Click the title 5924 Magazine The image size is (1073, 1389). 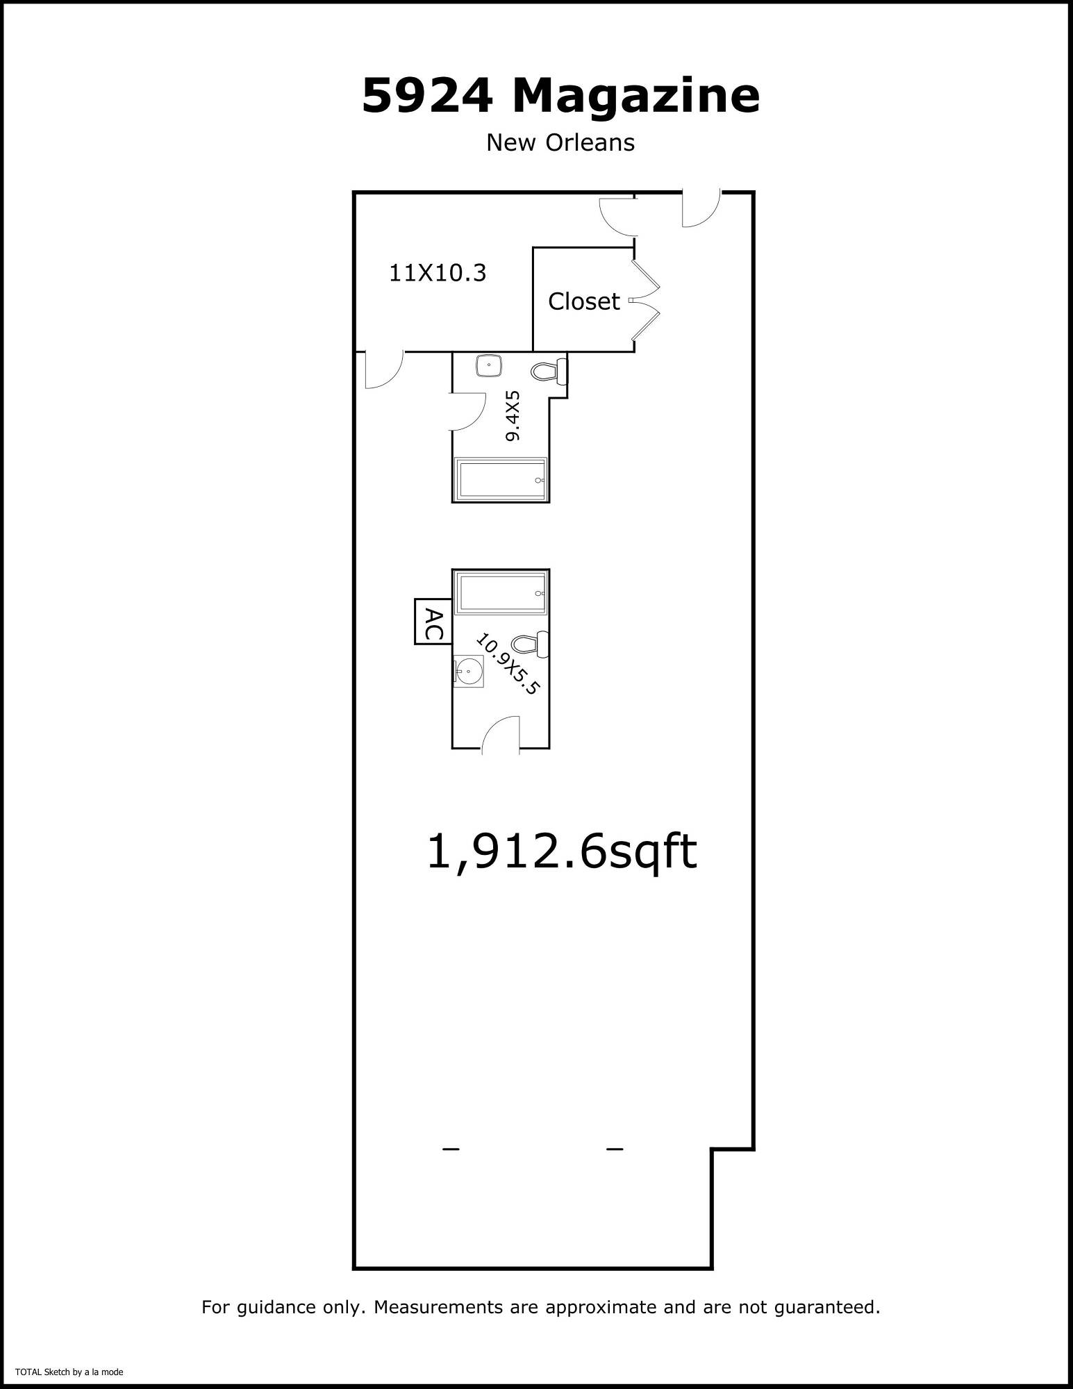point(560,95)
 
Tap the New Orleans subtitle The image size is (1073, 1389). point(560,142)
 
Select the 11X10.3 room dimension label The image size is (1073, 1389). point(438,273)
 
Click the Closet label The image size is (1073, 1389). point(583,301)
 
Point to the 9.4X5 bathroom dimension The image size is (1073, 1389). point(513,415)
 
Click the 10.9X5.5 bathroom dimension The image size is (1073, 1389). point(508,663)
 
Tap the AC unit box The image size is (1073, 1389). point(433,621)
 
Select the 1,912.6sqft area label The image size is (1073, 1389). point(561,851)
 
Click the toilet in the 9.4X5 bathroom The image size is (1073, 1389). point(549,372)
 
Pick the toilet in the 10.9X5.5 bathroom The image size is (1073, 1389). point(531,644)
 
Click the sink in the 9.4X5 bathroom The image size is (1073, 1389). point(490,365)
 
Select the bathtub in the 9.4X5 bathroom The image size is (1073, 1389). point(501,479)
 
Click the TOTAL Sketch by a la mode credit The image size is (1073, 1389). point(69,1372)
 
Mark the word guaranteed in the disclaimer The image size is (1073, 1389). point(820,1308)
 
